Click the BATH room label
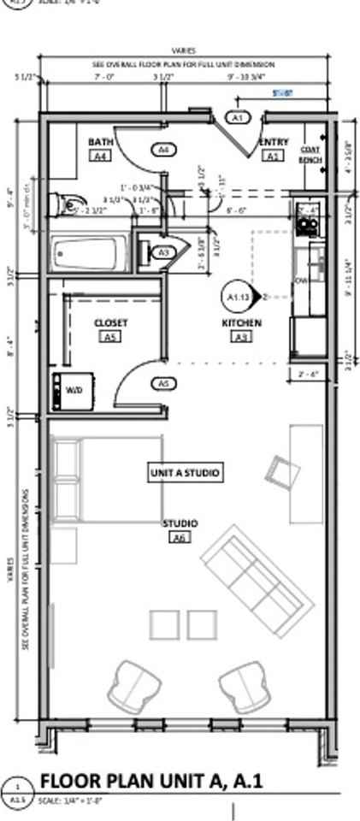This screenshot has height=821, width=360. [100, 141]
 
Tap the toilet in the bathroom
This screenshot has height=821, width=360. [62, 204]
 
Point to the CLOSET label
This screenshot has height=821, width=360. [110, 322]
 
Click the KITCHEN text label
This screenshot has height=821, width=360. [241, 323]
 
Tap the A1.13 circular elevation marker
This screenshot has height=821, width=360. [237, 296]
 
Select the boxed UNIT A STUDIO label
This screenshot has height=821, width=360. [186, 472]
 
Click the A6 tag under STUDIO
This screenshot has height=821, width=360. [180, 538]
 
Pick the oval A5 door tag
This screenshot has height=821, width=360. [164, 384]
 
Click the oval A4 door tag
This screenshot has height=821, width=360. [164, 150]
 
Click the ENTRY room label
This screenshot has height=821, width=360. [274, 142]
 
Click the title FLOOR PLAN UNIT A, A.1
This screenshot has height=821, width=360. [150, 781]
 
